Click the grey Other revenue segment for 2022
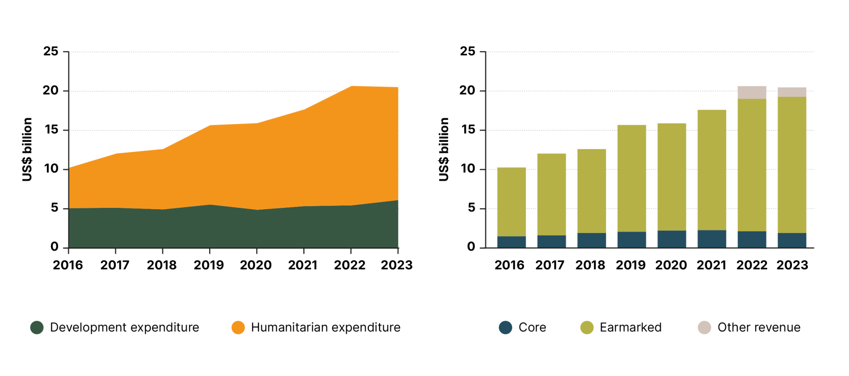click(x=752, y=92)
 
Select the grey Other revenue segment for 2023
click(x=792, y=92)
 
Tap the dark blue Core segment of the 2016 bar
click(x=512, y=242)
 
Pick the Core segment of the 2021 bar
click(x=711, y=239)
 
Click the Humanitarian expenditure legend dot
click(x=238, y=327)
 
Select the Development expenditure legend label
click(x=124, y=327)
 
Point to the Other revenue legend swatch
click(x=704, y=327)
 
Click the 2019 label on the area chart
click(x=209, y=265)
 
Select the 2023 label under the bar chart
click(x=792, y=265)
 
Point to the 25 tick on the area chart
click(x=51, y=51)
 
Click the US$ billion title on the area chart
click(x=27, y=150)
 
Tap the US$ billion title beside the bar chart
click(x=444, y=150)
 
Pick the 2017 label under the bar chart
click(x=550, y=265)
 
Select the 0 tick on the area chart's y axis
click(x=54, y=247)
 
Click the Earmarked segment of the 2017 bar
click(x=551, y=195)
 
